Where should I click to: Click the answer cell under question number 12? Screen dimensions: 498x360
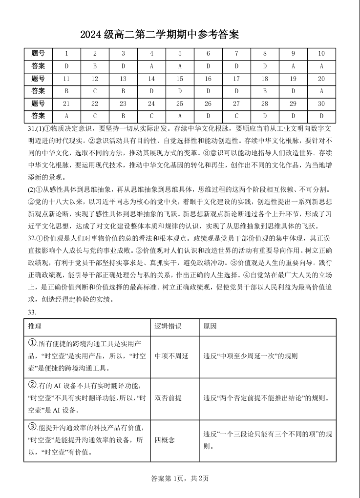click(x=95, y=91)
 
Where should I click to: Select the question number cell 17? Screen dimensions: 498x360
click(x=236, y=79)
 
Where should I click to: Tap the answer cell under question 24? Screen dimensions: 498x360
click(x=151, y=116)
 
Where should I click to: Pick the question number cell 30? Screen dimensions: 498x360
click(x=321, y=104)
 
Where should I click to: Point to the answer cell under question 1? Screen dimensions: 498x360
click(x=66, y=66)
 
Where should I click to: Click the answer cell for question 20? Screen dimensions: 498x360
click(x=321, y=91)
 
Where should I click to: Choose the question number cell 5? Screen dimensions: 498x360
click(x=180, y=54)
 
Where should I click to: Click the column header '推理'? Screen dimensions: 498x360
click(x=35, y=326)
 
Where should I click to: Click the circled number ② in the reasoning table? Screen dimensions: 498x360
click(x=33, y=384)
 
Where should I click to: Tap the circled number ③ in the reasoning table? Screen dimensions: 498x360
click(x=33, y=427)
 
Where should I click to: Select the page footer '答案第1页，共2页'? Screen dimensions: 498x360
click(x=180, y=478)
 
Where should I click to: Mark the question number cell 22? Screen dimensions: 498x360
click(x=95, y=104)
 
